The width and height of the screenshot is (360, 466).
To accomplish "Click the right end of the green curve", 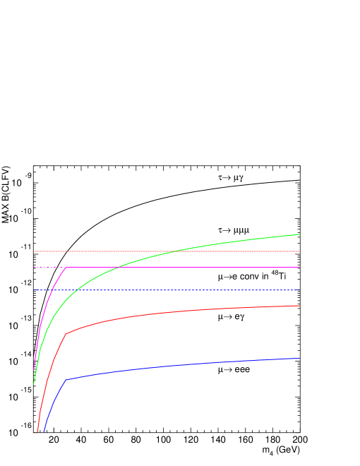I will coord(300,234).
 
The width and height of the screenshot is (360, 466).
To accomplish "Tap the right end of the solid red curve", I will coord(300,306).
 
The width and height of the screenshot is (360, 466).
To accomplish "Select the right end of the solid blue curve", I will coord(300,358).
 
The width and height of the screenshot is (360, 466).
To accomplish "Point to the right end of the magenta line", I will coord(300,268).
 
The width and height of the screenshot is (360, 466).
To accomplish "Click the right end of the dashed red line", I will coord(300,251).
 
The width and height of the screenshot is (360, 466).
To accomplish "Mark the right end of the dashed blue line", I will coord(300,290).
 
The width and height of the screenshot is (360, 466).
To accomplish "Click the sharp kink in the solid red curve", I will coord(66,334).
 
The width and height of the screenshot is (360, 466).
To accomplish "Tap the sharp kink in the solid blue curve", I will coord(66,380).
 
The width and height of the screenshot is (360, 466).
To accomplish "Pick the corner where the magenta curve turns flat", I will coord(66,268).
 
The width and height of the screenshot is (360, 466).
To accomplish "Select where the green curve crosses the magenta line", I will coord(117,268).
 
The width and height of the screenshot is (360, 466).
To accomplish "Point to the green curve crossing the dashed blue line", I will coord(76,290).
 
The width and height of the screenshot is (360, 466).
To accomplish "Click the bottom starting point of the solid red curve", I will coord(37,432).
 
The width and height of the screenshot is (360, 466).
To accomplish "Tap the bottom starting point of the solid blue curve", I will coord(44,432).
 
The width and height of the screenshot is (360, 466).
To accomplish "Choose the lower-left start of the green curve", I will coord(34,384).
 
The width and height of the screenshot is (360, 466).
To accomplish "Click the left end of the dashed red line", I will coord(34,251).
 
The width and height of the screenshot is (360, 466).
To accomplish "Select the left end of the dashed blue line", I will coord(34,290).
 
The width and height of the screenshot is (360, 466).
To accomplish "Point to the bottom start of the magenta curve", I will coord(34,370).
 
